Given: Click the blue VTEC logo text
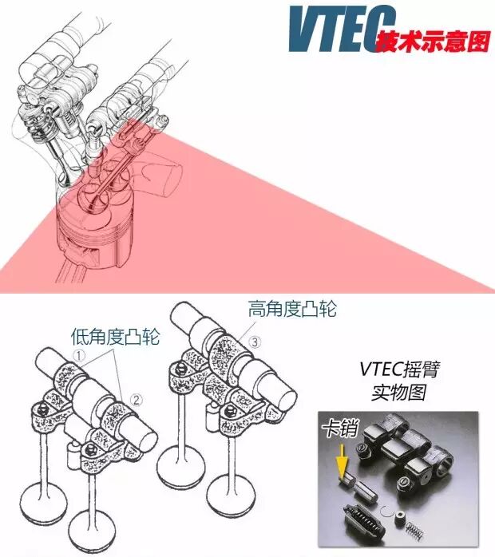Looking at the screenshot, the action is (x=342, y=30).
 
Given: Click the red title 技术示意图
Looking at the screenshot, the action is (x=434, y=42).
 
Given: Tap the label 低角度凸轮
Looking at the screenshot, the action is (x=115, y=336).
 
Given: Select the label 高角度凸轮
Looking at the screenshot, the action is (x=292, y=308).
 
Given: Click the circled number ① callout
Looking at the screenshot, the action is (x=79, y=355).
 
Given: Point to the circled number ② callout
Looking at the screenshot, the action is (x=137, y=400).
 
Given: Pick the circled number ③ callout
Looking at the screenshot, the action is (x=255, y=342).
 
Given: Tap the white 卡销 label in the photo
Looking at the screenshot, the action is (x=340, y=429).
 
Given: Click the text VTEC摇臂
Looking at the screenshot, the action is (x=399, y=369).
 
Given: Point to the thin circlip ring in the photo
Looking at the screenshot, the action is (x=386, y=512).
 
